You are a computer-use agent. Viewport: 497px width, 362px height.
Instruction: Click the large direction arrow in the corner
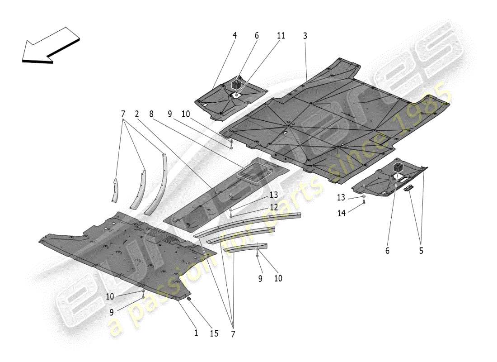[50, 45]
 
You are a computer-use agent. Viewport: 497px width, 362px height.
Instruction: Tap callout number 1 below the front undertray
[196, 333]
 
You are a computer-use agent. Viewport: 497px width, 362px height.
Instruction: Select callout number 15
[214, 333]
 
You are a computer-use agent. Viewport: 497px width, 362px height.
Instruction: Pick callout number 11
[281, 36]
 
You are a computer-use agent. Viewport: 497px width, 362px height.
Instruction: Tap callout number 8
[151, 115]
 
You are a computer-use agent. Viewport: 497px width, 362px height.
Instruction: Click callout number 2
[136, 115]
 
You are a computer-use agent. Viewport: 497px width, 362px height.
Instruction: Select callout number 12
[274, 207]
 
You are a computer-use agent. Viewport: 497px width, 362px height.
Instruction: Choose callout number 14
[341, 213]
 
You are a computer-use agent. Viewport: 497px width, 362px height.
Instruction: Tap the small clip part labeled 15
[190, 299]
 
